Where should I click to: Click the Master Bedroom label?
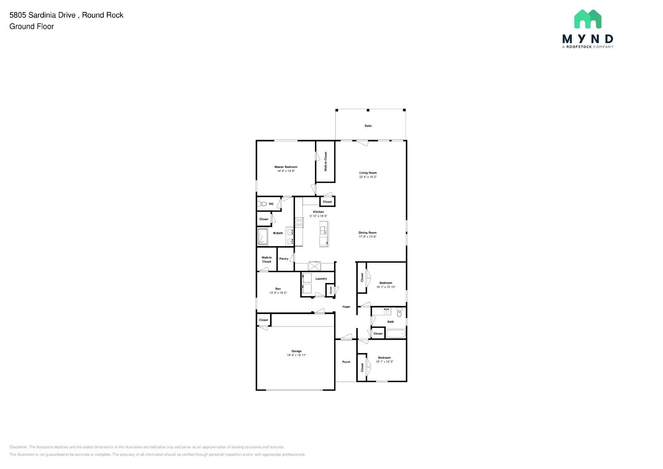click(286, 167)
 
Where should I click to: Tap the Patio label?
click(368, 126)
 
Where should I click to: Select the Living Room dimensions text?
click(368, 177)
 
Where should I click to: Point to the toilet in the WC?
click(262, 204)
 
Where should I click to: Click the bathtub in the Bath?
click(395, 334)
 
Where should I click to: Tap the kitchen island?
click(324, 234)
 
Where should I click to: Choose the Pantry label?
click(284, 259)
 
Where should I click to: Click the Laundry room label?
click(321, 279)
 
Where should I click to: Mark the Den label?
click(278, 289)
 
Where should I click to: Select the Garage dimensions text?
click(296, 355)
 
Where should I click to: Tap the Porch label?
click(346, 362)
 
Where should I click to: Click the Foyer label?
click(346, 307)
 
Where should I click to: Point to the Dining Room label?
click(368, 233)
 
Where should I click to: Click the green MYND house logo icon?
click(588, 19)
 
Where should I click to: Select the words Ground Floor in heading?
click(31, 27)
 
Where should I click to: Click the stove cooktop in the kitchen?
click(299, 222)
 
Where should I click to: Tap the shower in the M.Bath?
click(262, 236)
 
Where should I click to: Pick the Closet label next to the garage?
click(264, 320)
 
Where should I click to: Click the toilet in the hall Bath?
click(399, 312)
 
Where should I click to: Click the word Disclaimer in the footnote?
click(19, 447)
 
